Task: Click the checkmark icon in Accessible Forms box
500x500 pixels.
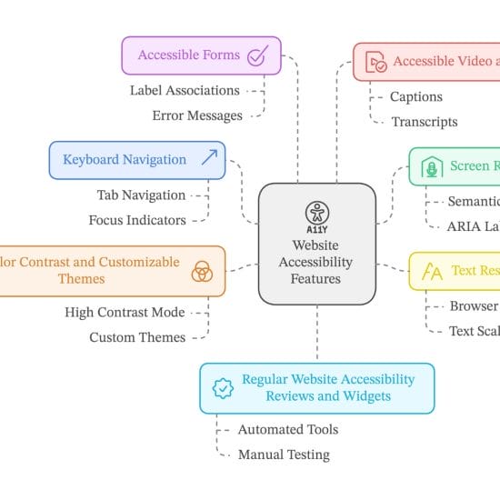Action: (257, 55)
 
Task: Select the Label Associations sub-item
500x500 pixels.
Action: (185, 90)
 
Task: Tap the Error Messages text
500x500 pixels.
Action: (197, 115)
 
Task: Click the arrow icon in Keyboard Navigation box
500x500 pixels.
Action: (209, 160)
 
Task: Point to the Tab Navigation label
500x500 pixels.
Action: (141, 195)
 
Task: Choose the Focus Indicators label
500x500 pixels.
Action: (137, 220)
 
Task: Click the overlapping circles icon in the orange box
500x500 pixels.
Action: (202, 271)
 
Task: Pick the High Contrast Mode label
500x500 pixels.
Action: (125, 312)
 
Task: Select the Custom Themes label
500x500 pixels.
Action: (137, 337)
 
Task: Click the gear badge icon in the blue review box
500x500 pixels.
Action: (223, 388)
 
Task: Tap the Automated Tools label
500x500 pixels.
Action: (288, 429)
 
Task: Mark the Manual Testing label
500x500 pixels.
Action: (284, 455)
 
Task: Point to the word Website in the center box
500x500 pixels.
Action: (316, 245)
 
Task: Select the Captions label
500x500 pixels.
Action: (416, 96)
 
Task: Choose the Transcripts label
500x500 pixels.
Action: (425, 122)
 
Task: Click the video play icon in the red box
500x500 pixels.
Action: (376, 63)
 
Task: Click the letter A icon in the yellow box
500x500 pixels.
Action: (434, 272)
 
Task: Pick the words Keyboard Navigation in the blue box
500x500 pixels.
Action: (125, 160)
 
